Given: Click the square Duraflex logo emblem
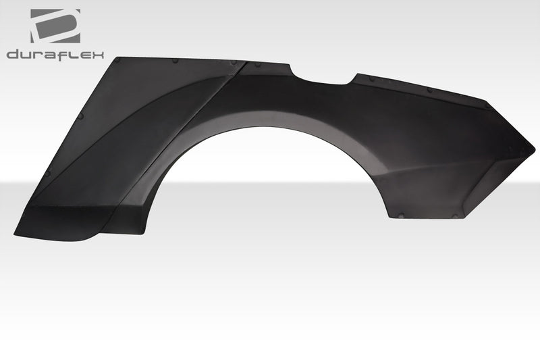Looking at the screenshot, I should [x=55, y=26].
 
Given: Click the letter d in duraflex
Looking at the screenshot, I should [x=13, y=54].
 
